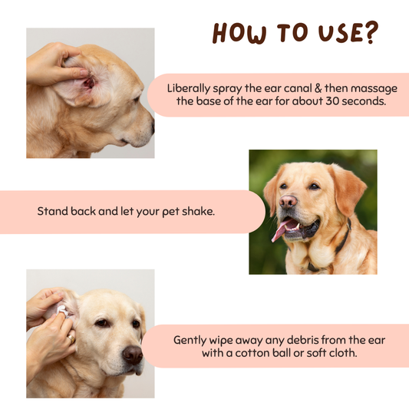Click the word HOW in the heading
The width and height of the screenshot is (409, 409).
point(239,33)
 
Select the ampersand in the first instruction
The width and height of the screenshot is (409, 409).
point(318,88)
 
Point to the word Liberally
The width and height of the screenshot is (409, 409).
point(189,89)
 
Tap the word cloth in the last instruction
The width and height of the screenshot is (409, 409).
point(343,353)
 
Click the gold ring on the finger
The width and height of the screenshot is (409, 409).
point(71,339)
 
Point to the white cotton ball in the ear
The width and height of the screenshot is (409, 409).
point(62,311)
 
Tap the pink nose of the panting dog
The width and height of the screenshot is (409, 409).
point(288,202)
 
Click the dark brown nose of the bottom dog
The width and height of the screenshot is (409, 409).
point(133,355)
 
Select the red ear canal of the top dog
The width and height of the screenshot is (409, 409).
point(89,83)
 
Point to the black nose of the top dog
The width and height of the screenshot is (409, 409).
point(153,127)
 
